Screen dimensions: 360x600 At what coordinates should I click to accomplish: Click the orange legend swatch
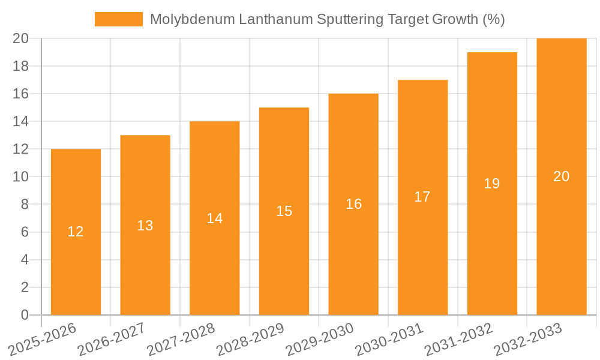[x=118, y=19]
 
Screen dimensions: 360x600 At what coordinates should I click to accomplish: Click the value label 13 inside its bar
[x=145, y=226]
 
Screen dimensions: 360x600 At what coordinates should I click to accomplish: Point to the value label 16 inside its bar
[x=353, y=204]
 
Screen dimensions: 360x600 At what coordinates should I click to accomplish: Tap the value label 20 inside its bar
[x=562, y=176]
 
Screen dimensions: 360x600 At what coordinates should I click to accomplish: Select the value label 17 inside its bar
[x=422, y=197]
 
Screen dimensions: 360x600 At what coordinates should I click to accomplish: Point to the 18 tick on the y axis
[x=20, y=66]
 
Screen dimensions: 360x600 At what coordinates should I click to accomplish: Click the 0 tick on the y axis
[x=25, y=315]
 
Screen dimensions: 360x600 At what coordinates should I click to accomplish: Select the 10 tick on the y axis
[x=20, y=177]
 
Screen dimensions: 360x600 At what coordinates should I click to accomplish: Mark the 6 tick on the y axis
[x=25, y=232]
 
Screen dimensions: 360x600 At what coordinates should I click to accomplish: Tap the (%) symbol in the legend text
[x=493, y=19]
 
